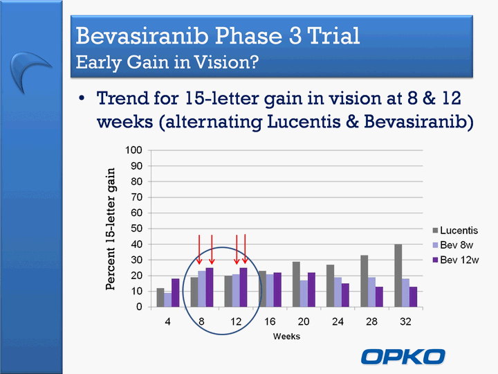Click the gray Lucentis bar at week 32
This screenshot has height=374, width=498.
(x=398, y=276)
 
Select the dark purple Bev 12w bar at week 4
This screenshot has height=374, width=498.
(x=175, y=292)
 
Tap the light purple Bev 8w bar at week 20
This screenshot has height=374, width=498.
(x=304, y=294)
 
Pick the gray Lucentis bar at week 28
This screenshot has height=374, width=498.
(x=364, y=280)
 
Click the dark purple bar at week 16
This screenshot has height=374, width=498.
(x=277, y=290)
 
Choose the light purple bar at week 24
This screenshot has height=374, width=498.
(x=338, y=292)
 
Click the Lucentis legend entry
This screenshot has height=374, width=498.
(x=455, y=230)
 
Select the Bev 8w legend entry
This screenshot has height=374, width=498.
(x=453, y=245)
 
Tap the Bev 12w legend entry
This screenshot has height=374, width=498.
(x=455, y=260)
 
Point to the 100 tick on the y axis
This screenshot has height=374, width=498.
(x=133, y=150)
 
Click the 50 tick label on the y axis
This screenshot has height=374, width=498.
(x=136, y=229)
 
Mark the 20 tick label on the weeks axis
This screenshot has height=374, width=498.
(x=304, y=321)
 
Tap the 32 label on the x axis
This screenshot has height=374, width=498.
(x=405, y=321)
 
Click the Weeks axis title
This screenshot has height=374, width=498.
(x=286, y=337)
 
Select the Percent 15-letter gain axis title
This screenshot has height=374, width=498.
(x=110, y=229)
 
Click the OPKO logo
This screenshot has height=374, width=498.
(x=403, y=357)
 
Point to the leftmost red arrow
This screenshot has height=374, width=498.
(x=199, y=249)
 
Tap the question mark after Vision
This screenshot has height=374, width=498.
(x=253, y=62)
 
